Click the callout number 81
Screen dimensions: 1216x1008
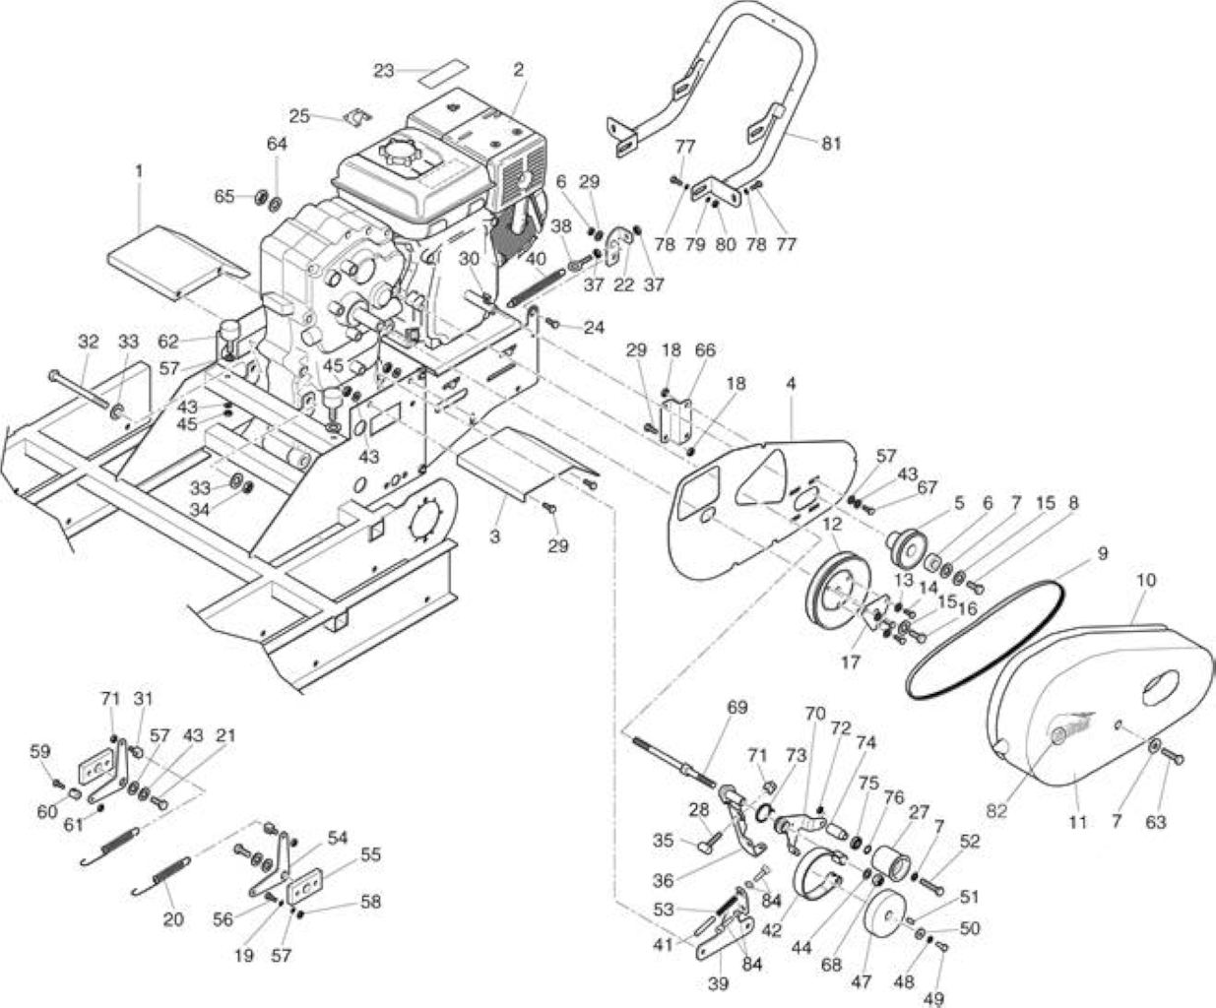[831, 143]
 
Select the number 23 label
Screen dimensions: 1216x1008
[384, 71]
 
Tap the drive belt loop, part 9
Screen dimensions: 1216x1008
[985, 640]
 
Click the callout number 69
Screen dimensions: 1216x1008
[736, 708]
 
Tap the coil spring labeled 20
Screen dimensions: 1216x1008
[161, 875]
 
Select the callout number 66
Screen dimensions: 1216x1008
[705, 350]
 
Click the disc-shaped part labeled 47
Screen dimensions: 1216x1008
[886, 920]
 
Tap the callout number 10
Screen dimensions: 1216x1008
[1146, 580]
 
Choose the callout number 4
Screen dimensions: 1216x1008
[791, 384]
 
